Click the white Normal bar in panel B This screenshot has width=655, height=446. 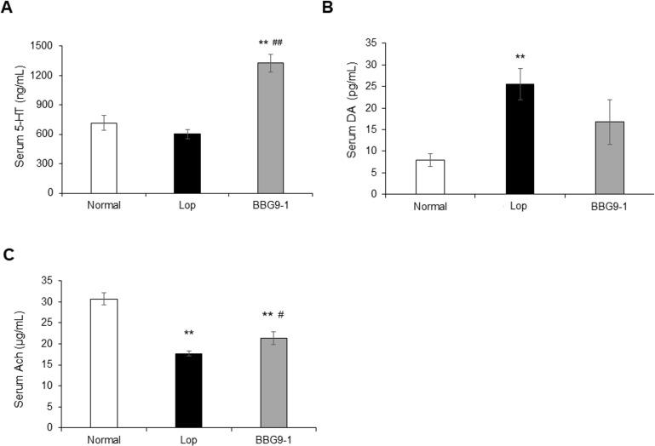431,177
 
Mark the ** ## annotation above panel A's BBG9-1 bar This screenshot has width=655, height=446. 270,42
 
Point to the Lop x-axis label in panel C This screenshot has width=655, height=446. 188,439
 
